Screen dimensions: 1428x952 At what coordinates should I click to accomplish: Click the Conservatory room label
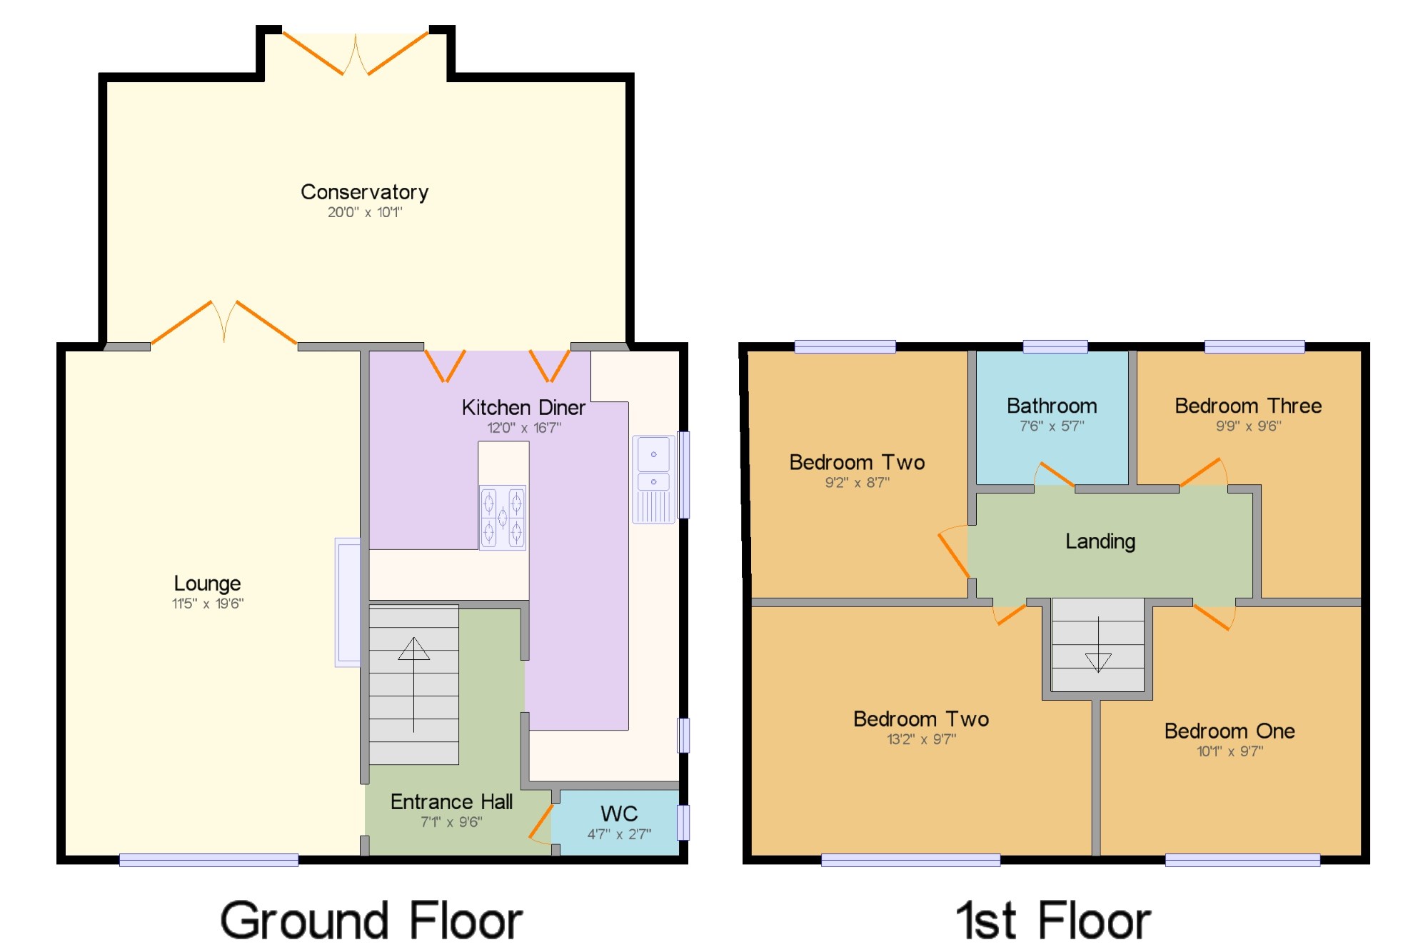click(x=364, y=191)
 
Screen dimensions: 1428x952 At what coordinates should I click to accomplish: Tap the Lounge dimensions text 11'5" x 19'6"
click(x=208, y=603)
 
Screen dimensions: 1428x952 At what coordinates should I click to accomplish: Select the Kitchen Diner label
click(x=523, y=407)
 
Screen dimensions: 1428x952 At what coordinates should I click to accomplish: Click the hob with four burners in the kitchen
click(x=503, y=518)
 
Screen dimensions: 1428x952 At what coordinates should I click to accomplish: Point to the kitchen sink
click(x=653, y=479)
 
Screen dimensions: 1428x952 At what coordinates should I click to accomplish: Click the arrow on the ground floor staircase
click(x=413, y=684)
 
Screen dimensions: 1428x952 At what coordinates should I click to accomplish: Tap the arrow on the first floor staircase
click(x=1098, y=644)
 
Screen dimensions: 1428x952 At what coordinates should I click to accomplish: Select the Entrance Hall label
click(x=451, y=801)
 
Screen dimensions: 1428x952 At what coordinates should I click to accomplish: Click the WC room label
click(x=619, y=813)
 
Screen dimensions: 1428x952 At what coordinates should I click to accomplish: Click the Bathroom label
click(x=1052, y=406)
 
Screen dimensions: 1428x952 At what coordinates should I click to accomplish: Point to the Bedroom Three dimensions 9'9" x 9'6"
click(x=1249, y=426)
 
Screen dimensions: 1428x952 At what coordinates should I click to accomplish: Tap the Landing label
click(x=1100, y=541)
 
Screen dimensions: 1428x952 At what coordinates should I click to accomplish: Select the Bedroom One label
click(x=1230, y=731)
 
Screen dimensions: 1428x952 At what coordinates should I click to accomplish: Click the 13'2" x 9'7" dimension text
click(x=922, y=739)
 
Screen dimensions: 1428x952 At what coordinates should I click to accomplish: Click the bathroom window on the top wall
click(x=1055, y=346)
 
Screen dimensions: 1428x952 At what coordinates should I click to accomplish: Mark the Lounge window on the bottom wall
click(x=208, y=860)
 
